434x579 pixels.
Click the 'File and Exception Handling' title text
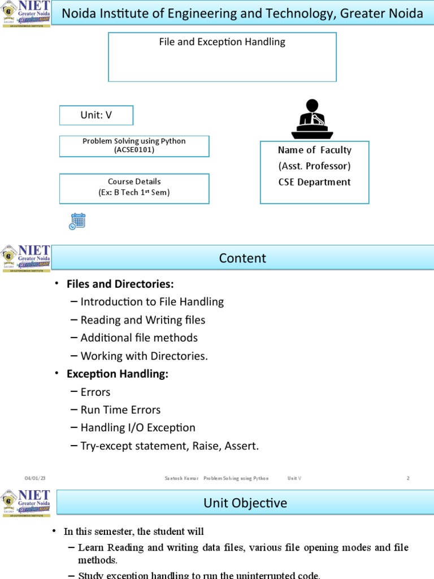tap(222, 42)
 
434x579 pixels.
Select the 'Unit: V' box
tap(96, 115)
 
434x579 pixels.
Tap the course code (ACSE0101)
tap(134, 150)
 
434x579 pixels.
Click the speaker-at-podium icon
tap(312, 119)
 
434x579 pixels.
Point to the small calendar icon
tap(77, 221)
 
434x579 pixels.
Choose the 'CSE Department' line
tap(314, 182)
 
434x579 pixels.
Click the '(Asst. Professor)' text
tap(314, 166)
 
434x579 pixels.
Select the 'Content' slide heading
tap(242, 258)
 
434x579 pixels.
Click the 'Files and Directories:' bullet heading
tap(120, 284)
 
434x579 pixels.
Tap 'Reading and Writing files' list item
tap(142, 320)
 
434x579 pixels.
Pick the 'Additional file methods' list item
tap(139, 338)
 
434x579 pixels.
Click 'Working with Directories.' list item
tap(144, 356)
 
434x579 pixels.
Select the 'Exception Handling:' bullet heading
tap(118, 374)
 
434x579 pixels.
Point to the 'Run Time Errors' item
tap(120, 410)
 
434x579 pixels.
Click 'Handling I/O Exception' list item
tap(138, 428)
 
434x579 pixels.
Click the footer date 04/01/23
tap(35, 478)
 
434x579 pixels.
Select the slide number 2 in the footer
tap(407, 478)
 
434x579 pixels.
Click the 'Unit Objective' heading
tap(245, 503)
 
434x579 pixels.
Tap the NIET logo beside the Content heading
tap(26, 258)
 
